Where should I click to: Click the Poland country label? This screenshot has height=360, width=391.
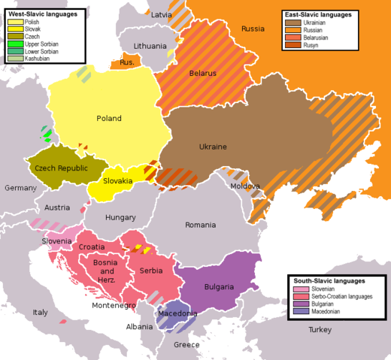(109, 119)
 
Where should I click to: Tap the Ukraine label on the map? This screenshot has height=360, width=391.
(213, 147)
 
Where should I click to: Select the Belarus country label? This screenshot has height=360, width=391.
(202, 74)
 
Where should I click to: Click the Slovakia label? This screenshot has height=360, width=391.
(118, 181)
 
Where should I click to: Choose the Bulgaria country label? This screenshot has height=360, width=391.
(219, 287)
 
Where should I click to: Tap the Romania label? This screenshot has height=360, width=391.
(201, 225)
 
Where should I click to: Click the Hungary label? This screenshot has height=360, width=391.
(120, 217)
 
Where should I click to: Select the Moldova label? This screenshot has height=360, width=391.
(245, 186)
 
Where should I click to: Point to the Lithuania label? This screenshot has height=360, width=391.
(150, 47)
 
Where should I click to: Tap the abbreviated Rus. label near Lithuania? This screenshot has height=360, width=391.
(127, 62)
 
